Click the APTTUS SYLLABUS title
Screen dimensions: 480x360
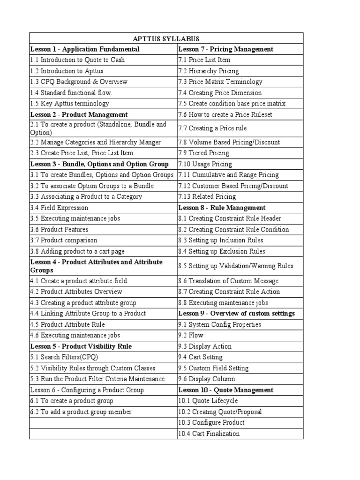166,38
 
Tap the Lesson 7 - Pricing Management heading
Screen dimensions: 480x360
226,49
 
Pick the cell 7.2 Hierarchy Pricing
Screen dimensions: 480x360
209,71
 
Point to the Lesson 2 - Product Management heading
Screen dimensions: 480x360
79,114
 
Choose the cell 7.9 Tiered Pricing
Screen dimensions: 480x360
204,153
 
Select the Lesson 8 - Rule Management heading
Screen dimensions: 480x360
222,208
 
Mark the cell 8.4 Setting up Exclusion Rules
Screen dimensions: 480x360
222,251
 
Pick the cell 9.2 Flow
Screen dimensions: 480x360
191,335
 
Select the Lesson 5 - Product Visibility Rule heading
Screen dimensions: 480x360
81,346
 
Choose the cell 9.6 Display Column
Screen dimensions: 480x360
207,379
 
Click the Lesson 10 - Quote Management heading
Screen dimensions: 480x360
226,390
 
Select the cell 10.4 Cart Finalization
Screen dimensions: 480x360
209,434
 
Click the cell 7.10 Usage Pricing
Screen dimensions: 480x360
205,164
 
